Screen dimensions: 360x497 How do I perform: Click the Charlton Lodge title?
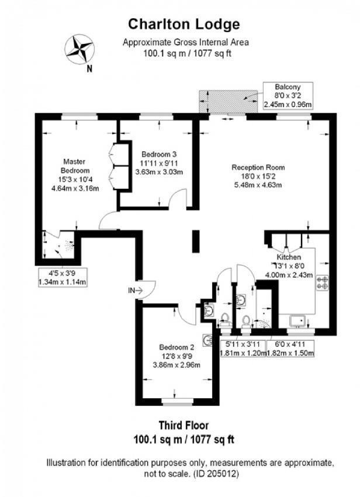pos(184,24)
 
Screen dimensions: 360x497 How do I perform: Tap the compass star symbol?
pos(79,50)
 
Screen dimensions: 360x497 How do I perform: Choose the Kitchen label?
pos(289,257)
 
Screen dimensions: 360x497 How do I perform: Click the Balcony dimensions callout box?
pos(288,96)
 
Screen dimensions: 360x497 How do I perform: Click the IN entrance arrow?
pos(136,290)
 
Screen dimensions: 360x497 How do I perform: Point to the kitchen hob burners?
pos(323,283)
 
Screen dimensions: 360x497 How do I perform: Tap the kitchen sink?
pos(297,321)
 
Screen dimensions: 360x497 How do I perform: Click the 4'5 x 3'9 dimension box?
pos(63,277)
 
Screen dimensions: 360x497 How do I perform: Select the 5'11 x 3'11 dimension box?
pos(243,348)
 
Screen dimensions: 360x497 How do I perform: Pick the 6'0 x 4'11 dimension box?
pos(290,348)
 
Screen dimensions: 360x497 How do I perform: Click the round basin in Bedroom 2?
pos(208,340)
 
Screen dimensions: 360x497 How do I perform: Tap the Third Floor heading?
pos(184,425)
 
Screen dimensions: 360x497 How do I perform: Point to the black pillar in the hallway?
pos(196,241)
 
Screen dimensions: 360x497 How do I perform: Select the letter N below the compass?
pos(89,69)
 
